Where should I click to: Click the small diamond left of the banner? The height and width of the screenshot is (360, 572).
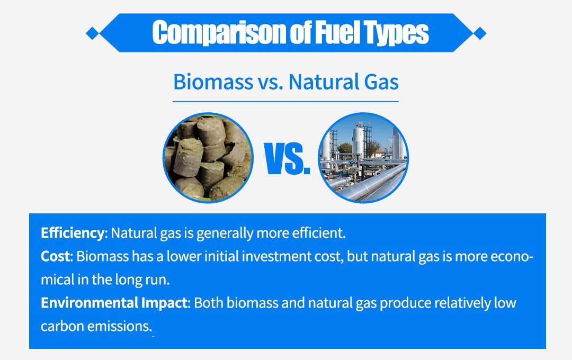[x=93, y=33]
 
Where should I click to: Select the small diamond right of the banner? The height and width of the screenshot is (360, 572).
[x=480, y=33]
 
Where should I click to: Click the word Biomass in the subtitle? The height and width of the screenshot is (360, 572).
[x=213, y=82]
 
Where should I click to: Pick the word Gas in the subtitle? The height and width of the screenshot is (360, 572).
[x=381, y=82]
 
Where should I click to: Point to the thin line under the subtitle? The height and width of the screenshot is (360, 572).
[x=285, y=102]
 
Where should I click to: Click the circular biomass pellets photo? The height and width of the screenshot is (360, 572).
[x=208, y=158]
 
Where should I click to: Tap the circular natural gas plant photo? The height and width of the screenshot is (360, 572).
[x=363, y=158]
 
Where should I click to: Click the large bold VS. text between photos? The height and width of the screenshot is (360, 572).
[x=287, y=159]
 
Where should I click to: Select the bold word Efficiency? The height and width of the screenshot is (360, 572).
[x=73, y=233]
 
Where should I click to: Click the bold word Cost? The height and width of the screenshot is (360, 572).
[x=55, y=256]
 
